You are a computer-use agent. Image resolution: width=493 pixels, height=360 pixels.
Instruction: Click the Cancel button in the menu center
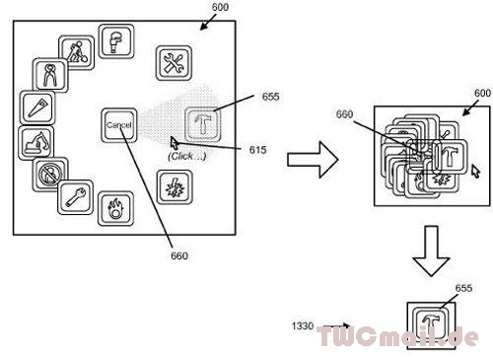(118, 125)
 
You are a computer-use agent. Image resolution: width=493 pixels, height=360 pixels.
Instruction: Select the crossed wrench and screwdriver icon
(174, 63)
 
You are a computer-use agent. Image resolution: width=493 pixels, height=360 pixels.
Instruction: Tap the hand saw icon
(37, 108)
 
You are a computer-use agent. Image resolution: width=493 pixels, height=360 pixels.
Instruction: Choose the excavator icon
(36, 142)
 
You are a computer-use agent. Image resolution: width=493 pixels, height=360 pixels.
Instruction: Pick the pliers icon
(50, 75)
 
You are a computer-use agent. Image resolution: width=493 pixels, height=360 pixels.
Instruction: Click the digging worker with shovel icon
(77, 52)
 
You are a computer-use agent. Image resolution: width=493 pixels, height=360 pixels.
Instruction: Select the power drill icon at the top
(116, 41)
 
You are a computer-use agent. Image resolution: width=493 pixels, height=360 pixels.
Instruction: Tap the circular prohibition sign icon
(50, 174)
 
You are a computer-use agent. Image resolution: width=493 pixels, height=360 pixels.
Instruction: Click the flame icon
(115, 208)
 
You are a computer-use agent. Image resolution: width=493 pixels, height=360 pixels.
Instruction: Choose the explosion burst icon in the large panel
(175, 187)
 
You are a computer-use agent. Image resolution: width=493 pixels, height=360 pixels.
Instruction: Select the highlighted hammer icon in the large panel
(202, 124)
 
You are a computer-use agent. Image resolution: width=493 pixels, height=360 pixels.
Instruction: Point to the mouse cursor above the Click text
(175, 143)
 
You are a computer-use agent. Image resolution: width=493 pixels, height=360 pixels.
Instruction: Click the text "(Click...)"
(186, 156)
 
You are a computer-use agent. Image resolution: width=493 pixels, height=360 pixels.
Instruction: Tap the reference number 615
(257, 150)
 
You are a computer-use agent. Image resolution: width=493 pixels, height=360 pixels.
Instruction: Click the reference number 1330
(303, 325)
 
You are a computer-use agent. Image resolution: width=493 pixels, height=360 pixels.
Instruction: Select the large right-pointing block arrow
(313, 160)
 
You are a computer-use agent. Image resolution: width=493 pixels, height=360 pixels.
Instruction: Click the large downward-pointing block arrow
(431, 251)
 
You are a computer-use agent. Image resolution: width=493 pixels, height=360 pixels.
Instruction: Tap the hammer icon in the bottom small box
(431, 324)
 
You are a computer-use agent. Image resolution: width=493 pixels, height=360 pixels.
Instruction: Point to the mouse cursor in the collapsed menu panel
(475, 171)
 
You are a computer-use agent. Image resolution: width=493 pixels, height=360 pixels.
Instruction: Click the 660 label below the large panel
(179, 255)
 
